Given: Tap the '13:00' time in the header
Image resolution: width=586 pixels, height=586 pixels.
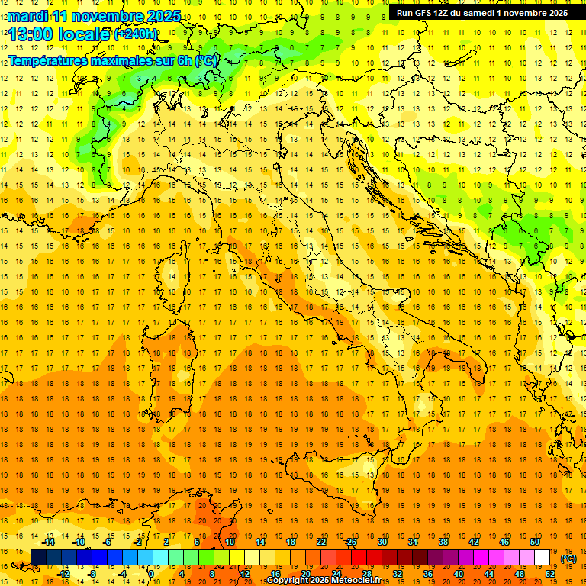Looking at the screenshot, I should pos(30,34).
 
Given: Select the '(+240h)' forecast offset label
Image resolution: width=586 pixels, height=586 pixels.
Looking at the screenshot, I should pos(136,34).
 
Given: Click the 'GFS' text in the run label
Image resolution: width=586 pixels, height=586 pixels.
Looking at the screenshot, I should pos(428,13).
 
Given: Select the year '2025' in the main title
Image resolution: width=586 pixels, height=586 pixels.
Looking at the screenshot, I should pos(161,16).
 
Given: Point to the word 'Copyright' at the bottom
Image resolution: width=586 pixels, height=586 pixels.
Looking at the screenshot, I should pos(287,581).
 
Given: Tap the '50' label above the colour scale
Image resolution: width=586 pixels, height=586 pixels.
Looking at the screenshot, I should pos(535,542).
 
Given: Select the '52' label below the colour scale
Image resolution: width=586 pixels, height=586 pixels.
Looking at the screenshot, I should pos(550,574).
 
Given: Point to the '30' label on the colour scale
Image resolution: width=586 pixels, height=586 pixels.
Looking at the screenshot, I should pos(382,542).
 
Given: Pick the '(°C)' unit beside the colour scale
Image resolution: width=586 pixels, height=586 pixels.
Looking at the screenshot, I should pos(568,559).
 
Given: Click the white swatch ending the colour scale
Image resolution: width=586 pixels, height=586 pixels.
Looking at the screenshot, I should pos(543,558).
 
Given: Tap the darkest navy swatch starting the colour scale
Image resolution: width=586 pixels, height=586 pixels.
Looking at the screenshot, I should pos(39,558).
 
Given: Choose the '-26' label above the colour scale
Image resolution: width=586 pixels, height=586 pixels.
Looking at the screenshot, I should pos(351,542).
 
